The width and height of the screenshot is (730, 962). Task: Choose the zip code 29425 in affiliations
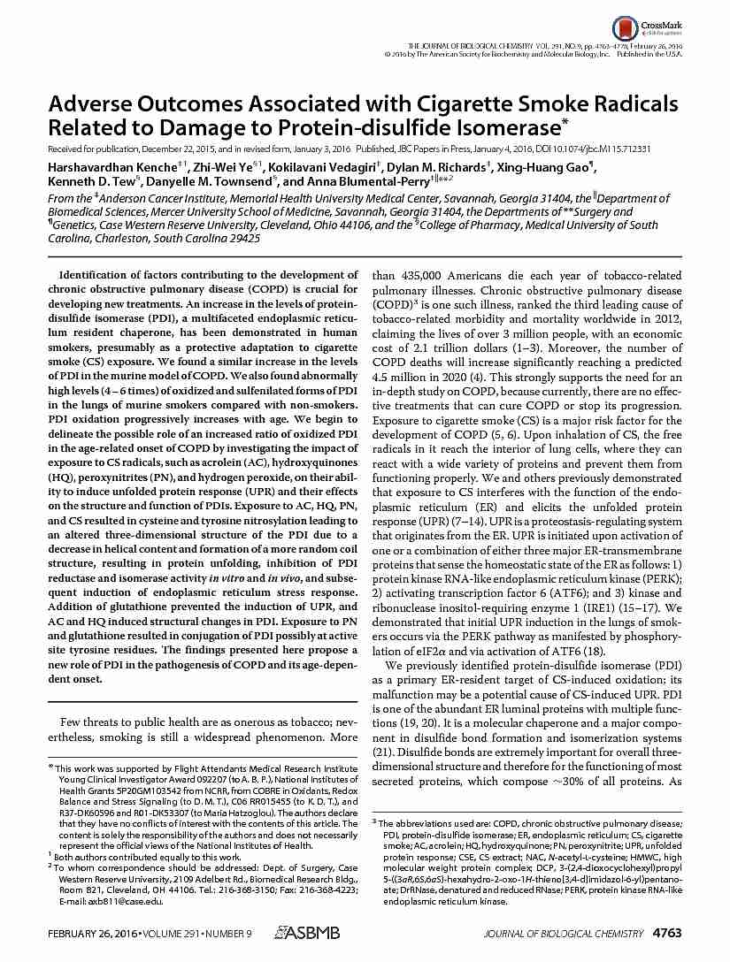point(242,238)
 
